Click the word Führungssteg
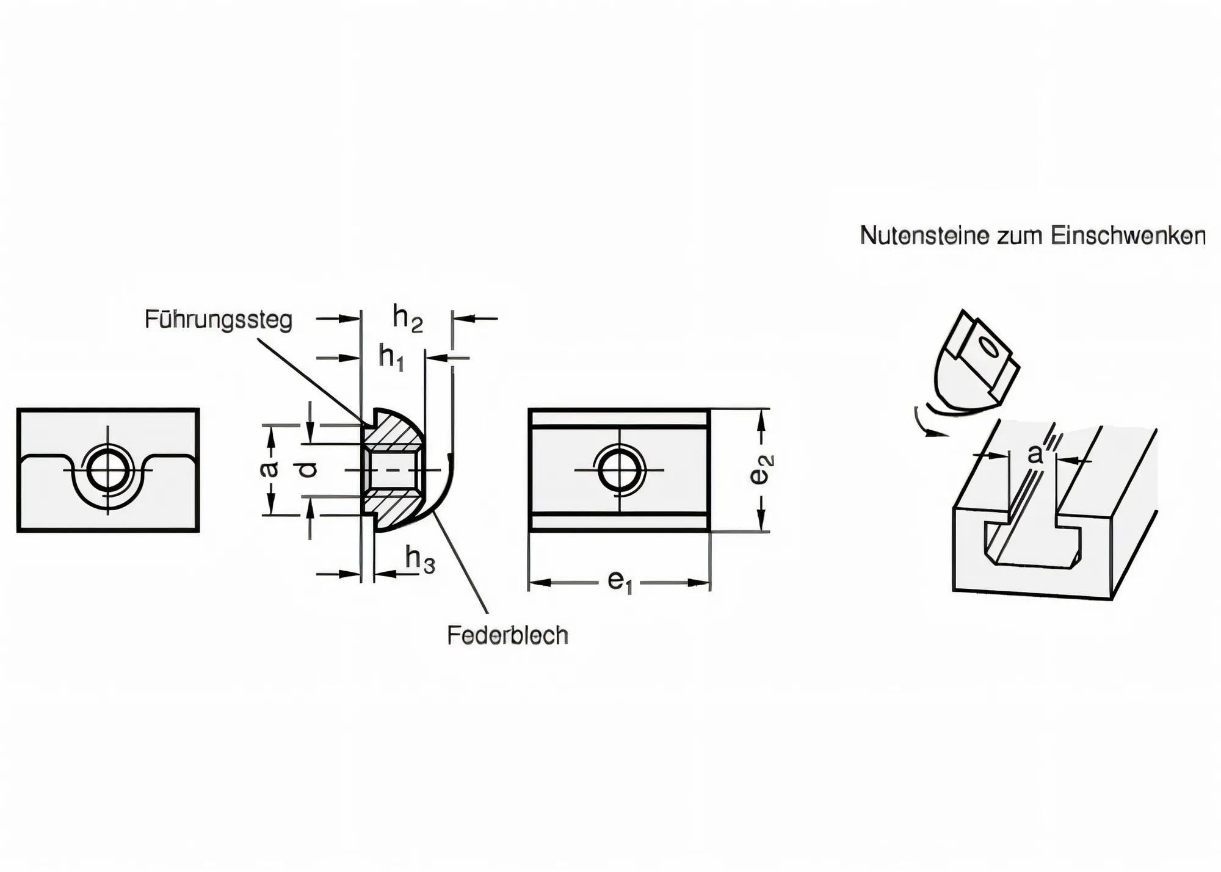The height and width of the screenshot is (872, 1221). (219, 320)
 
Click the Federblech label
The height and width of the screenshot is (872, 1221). (507, 636)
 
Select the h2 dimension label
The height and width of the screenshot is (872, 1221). (407, 319)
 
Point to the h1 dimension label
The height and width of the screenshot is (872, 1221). (391, 356)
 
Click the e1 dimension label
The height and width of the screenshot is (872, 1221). (619, 582)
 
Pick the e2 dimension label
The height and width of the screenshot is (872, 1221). (761, 469)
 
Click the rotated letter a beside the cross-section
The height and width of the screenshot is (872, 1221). (269, 469)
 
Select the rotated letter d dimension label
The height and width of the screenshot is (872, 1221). (310, 469)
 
